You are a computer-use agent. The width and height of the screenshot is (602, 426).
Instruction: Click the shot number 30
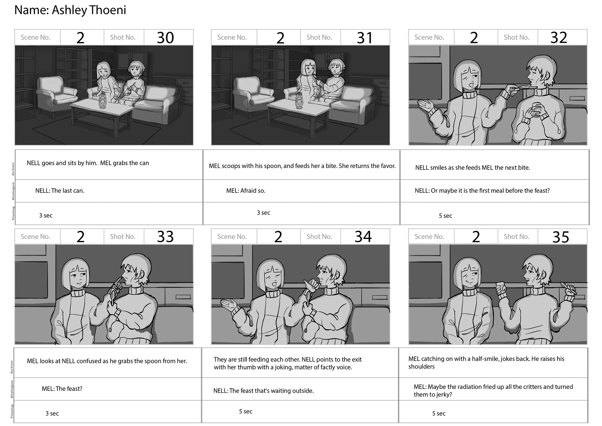tap(165, 38)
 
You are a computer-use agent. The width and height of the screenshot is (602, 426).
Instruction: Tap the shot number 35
tap(561, 237)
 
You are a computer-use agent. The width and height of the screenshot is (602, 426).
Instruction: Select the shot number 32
tap(559, 38)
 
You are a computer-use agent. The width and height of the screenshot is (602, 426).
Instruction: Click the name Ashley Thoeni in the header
tap(89, 10)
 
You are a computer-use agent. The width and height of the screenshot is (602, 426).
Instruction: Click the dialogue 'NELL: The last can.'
tap(60, 191)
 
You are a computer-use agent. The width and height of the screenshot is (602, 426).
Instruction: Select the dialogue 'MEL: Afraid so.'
tap(246, 191)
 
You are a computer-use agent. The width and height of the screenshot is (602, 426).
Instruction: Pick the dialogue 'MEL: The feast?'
tap(62, 389)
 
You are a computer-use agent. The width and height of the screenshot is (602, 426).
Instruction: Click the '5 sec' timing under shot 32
tap(445, 216)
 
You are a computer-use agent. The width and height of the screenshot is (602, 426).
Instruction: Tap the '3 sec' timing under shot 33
tap(52, 413)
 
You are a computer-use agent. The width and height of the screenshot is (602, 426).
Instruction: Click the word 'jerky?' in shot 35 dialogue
tap(443, 395)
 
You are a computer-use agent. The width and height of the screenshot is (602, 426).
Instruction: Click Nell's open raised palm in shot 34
tap(228, 304)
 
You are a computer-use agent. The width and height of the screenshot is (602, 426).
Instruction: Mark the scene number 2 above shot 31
tap(280, 38)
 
